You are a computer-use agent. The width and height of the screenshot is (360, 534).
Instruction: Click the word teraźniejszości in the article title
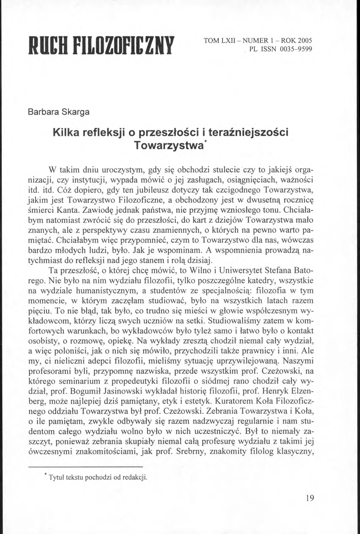pyautogui.click(x=248, y=132)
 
